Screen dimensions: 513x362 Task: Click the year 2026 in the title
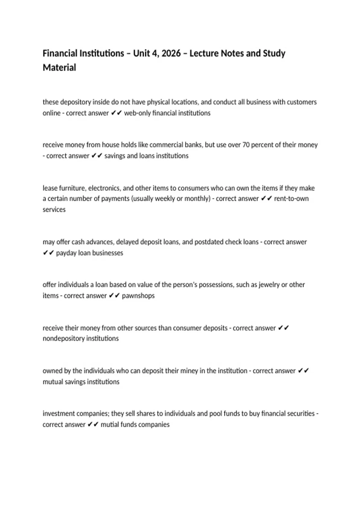point(171,53)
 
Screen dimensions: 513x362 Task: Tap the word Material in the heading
point(59,68)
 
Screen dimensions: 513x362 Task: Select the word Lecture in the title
point(204,53)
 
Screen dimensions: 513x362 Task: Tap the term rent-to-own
point(291,199)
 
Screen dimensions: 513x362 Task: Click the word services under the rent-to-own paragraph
point(54,210)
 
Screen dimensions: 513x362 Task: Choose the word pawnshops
point(138,296)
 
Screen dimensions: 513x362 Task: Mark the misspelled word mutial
point(110,425)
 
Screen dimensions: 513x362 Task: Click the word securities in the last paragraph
point(300,414)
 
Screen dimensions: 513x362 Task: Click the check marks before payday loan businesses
point(48,253)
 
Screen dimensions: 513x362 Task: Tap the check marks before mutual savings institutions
point(303,371)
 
